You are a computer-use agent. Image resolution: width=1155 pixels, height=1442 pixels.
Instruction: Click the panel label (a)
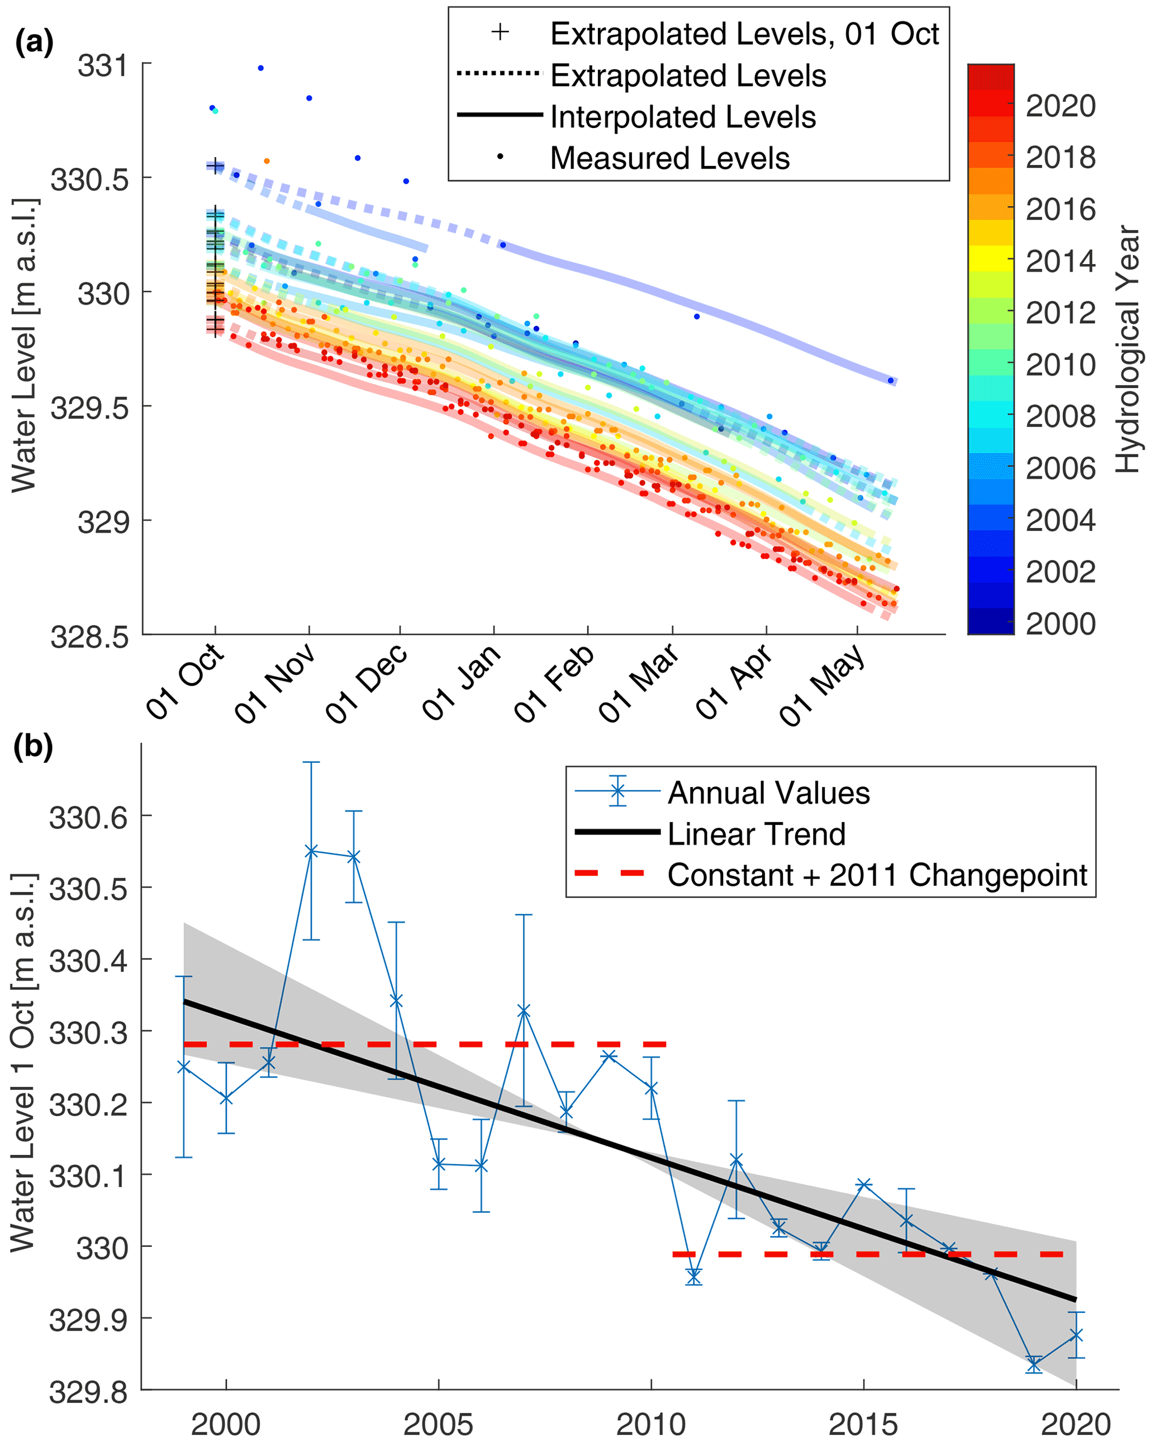pyautogui.click(x=34, y=44)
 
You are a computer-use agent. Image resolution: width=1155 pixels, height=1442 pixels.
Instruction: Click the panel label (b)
pyautogui.click(x=34, y=747)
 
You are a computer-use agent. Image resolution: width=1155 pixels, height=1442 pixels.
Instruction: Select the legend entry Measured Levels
pyautogui.click(x=669, y=159)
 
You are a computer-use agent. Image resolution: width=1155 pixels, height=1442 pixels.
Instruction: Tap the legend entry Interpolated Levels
pyautogui.click(x=683, y=117)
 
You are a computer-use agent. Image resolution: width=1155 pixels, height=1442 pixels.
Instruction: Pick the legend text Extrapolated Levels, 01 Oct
pyautogui.click(x=744, y=34)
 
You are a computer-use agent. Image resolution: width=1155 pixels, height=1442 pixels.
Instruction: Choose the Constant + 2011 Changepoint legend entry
pyautogui.click(x=877, y=875)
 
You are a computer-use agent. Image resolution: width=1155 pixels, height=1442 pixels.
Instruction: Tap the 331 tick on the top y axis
pyautogui.click(x=102, y=65)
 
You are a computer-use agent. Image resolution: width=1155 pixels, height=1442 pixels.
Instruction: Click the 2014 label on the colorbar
pyautogui.click(x=1061, y=261)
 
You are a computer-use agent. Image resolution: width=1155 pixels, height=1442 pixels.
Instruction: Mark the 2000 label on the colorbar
pyautogui.click(x=1061, y=623)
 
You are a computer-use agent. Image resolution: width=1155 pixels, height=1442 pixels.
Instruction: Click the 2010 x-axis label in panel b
pyautogui.click(x=651, y=1423)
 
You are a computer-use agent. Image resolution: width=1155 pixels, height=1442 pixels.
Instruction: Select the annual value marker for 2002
pyautogui.click(x=311, y=851)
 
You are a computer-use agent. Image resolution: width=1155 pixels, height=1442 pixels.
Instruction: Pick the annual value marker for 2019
pyautogui.click(x=1034, y=1364)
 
